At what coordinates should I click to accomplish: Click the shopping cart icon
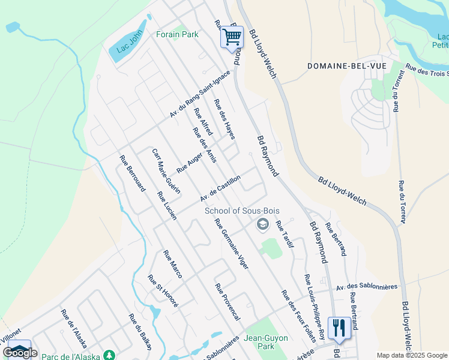pyautogui.click(x=232, y=37)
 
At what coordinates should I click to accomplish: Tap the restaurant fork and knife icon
pyautogui.click(x=339, y=328)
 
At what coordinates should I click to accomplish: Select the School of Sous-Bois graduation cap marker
pyautogui.click(x=262, y=225)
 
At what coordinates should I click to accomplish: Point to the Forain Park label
pyautogui.click(x=177, y=35)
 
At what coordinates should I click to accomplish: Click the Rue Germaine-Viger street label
pyautogui.click(x=231, y=243)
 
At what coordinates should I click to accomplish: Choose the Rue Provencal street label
pyautogui.click(x=228, y=301)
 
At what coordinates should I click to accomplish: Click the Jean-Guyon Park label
pyautogui.click(x=264, y=342)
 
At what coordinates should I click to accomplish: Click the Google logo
pyautogui.click(x=20, y=352)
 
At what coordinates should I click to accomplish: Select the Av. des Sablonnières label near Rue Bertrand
pyautogui.click(x=367, y=287)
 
